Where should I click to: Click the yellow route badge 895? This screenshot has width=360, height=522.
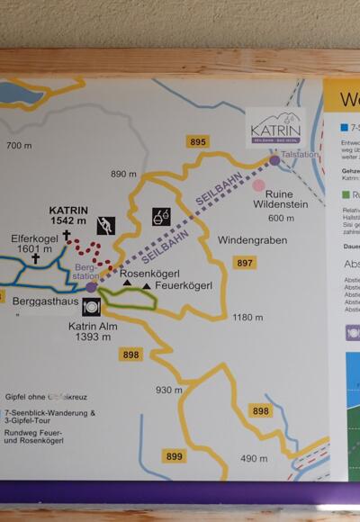[x=198, y=142]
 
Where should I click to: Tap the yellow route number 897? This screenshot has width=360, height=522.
[x=243, y=263]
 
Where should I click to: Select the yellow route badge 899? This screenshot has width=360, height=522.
[x=174, y=457]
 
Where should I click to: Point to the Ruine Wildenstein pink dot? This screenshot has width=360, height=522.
[x=259, y=184]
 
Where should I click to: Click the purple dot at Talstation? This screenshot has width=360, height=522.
[x=274, y=160]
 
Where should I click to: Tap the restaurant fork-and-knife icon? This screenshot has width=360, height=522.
[x=90, y=307]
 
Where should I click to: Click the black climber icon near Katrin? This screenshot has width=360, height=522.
[x=106, y=224]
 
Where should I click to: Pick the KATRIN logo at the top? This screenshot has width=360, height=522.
[x=277, y=128]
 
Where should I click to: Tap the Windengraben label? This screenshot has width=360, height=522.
[x=251, y=240]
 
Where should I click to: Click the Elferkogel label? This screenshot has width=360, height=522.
[x=34, y=238]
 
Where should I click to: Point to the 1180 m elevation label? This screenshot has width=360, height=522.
[x=247, y=318]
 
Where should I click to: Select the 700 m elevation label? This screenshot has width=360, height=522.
[x=19, y=145]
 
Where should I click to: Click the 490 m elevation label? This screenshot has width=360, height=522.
[x=254, y=459]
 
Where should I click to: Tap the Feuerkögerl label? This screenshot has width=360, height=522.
[x=183, y=286]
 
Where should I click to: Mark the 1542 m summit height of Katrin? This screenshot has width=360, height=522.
[x=68, y=220]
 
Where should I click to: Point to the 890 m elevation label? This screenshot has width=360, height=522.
[x=124, y=174]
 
